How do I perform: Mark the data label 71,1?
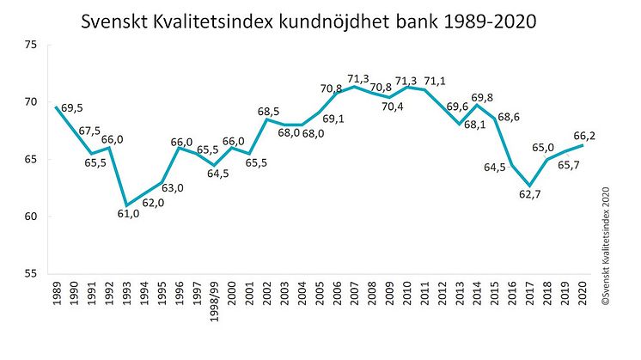tap(436, 81)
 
